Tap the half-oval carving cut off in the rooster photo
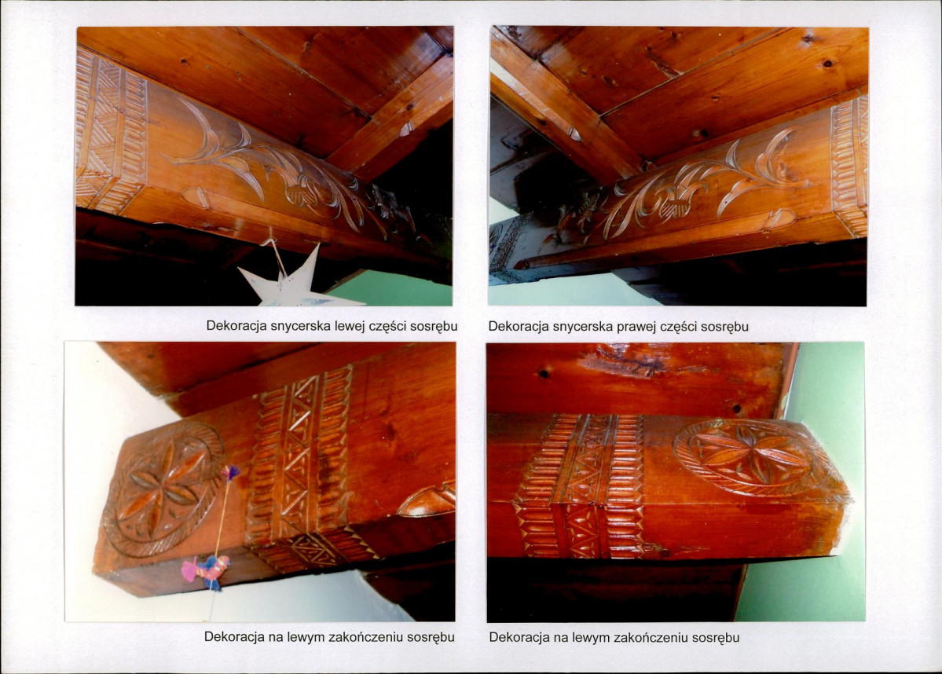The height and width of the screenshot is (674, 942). coord(427,501)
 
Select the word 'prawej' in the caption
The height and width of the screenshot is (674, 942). coord(637,327)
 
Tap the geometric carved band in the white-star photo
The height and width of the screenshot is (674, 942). coord(111,129)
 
